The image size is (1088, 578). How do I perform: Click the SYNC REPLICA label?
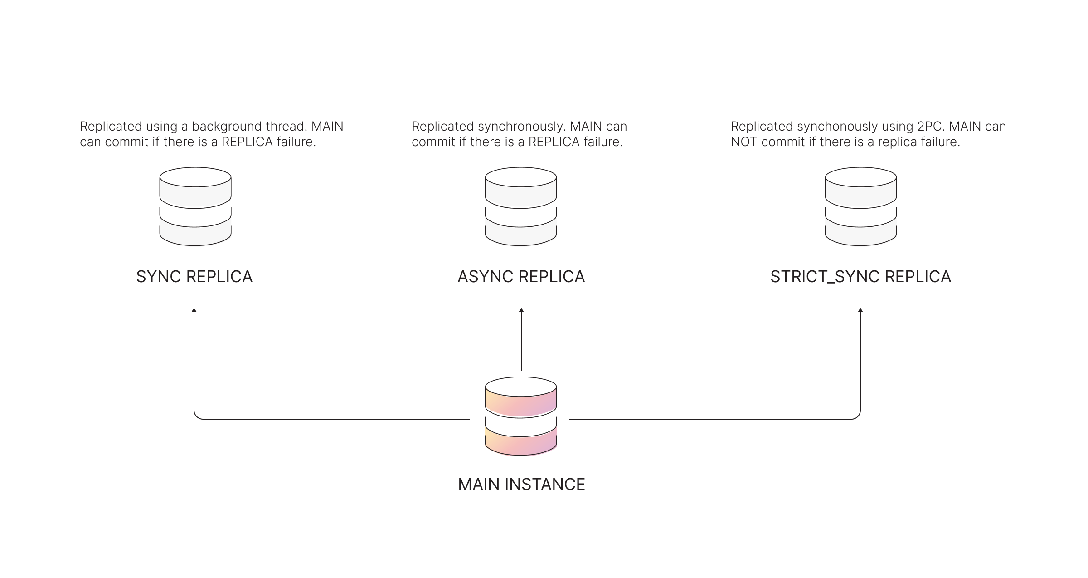pos(194,277)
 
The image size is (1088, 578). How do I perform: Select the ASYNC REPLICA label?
pos(521,277)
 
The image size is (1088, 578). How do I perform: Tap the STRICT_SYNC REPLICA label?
pos(860,277)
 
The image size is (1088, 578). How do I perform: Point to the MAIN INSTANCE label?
pos(521,485)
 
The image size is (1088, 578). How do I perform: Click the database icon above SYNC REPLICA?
pos(195,206)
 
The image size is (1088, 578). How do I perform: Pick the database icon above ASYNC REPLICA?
pos(521,206)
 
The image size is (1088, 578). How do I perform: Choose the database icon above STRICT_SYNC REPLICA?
pos(860,206)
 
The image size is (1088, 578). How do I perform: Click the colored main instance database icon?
pos(521,416)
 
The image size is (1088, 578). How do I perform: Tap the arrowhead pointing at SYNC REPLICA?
pos(194,310)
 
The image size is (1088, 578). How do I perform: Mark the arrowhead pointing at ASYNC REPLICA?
pos(521,310)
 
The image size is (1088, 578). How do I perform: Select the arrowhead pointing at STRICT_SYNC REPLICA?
pos(860,310)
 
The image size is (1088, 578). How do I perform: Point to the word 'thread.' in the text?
pos(287,127)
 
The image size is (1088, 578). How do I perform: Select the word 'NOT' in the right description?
pos(744,142)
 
